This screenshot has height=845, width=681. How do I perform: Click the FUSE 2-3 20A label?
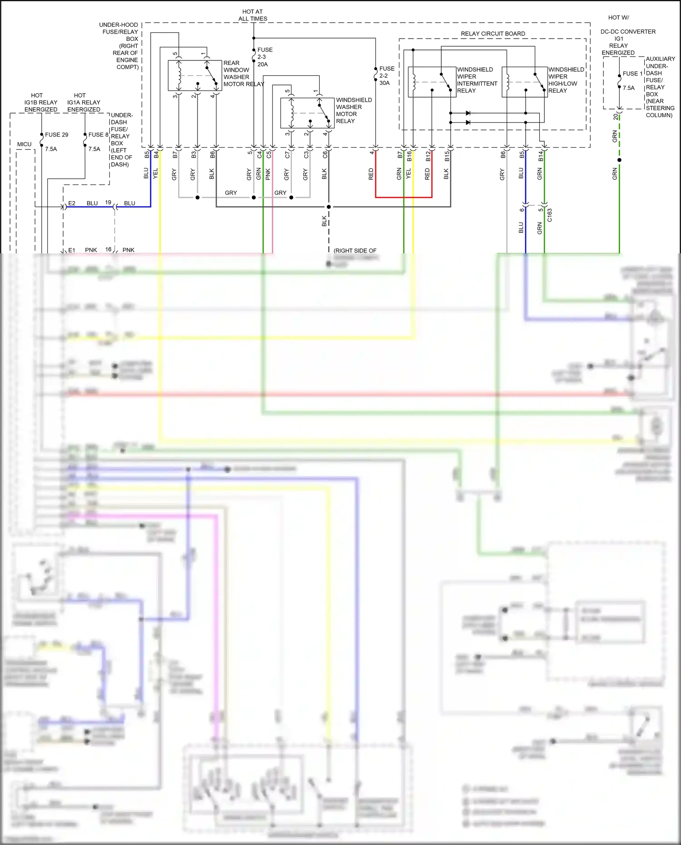pyautogui.click(x=265, y=57)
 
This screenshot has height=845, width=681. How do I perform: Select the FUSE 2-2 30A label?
pyautogui.click(x=386, y=76)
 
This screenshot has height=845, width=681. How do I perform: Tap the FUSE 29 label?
pyautogui.click(x=56, y=135)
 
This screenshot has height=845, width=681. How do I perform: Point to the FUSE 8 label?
pyautogui.click(x=98, y=135)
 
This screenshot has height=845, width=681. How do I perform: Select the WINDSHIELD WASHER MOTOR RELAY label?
pyautogui.click(x=353, y=110)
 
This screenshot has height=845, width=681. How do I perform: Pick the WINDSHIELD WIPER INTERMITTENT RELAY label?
pyautogui.click(x=476, y=80)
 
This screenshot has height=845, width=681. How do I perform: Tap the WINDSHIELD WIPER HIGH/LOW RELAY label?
pyautogui.click(x=566, y=80)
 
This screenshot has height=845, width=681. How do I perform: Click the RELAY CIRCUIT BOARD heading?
pyautogui.click(x=493, y=34)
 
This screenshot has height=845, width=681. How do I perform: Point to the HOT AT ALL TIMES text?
pyautogui.click(x=252, y=15)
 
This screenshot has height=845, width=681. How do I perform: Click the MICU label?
pyautogui.click(x=24, y=144)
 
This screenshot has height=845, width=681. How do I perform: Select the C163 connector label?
pyautogui.click(x=549, y=215)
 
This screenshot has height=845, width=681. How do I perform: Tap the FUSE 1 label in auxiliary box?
pyautogui.click(x=632, y=74)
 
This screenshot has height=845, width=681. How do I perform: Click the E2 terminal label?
pyautogui.click(x=72, y=203)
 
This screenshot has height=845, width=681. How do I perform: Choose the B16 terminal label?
pyautogui.click(x=409, y=156)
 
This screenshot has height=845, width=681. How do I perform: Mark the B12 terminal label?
pyautogui.click(x=428, y=156)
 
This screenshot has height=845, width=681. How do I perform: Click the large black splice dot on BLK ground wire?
pyautogui.click(x=329, y=207)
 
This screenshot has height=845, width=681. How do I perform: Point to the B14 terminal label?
pyautogui.click(x=541, y=156)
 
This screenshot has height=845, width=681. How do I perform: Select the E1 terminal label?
pyautogui.click(x=72, y=250)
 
